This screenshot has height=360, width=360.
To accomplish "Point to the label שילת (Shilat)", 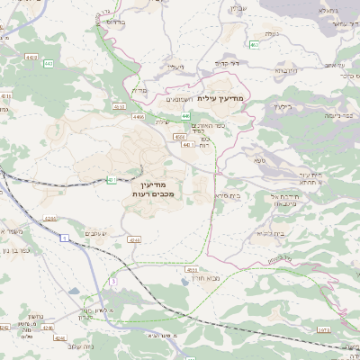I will [162, 121].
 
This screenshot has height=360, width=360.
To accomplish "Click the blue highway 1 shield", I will [66, 238].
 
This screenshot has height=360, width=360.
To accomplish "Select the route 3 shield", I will [113, 282].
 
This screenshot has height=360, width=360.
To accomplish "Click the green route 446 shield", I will [184, 116].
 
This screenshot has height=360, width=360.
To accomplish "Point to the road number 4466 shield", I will [139, 116].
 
